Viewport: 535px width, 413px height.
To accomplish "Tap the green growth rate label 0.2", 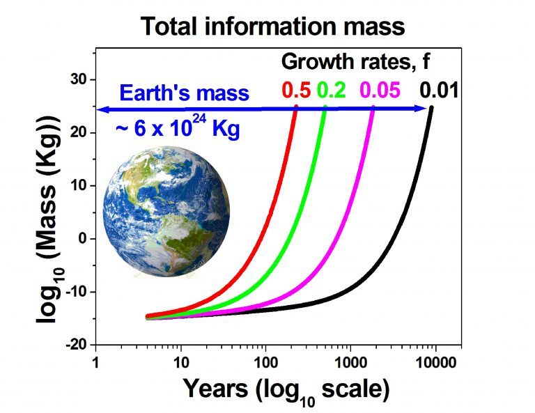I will (331, 90).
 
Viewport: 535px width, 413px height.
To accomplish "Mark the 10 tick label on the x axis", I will (180, 361).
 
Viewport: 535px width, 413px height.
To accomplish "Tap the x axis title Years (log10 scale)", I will (286, 390).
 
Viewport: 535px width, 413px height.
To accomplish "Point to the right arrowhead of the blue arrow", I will (423, 109).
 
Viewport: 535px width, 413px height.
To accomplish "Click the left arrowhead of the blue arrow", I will (101, 109).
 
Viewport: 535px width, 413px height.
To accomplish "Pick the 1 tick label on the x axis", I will (95, 361).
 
